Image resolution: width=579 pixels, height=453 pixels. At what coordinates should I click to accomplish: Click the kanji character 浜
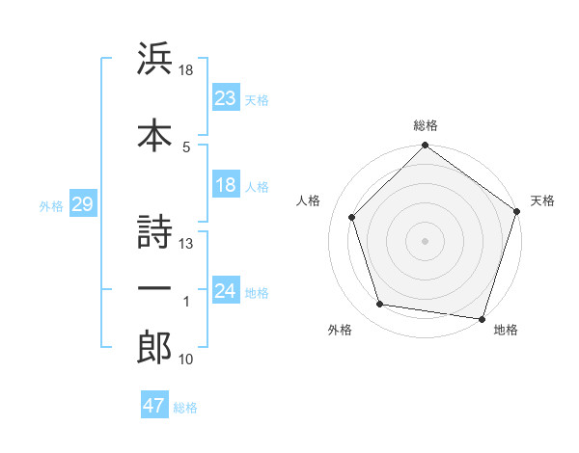pyautogui.click(x=154, y=61)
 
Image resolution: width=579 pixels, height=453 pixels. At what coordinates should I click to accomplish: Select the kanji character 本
pyautogui.click(x=154, y=135)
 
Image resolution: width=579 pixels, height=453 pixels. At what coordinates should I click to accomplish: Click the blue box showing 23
pyautogui.click(x=226, y=98)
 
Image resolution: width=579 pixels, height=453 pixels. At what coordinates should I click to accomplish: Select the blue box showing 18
pyautogui.click(x=226, y=186)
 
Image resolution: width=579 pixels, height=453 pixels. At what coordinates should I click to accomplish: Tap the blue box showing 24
pyautogui.click(x=226, y=292)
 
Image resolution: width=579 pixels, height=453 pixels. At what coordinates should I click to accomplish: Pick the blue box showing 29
pyautogui.click(x=82, y=205)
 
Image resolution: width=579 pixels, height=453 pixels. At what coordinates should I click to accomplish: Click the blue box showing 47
pyautogui.click(x=154, y=406)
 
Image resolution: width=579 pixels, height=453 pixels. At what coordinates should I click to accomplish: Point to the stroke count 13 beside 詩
pyautogui.click(x=186, y=243)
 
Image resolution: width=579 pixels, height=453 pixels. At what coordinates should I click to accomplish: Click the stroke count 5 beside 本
pyautogui.click(x=186, y=147)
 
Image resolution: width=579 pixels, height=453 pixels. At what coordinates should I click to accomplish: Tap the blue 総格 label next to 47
pyautogui.click(x=185, y=408)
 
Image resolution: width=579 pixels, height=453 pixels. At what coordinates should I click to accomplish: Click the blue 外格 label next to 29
pyautogui.click(x=50, y=206)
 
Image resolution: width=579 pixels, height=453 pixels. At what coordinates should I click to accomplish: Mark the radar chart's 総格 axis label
pyautogui.click(x=426, y=125)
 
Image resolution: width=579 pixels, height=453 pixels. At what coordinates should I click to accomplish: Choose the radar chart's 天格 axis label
pyautogui.click(x=543, y=201)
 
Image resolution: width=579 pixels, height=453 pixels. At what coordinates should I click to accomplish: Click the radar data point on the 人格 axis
pyautogui.click(x=352, y=217)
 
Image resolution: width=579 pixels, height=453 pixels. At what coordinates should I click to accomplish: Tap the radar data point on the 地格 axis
pyautogui.click(x=482, y=317)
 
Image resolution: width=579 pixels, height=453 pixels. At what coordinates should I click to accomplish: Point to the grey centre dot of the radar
pyautogui.click(x=426, y=240)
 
